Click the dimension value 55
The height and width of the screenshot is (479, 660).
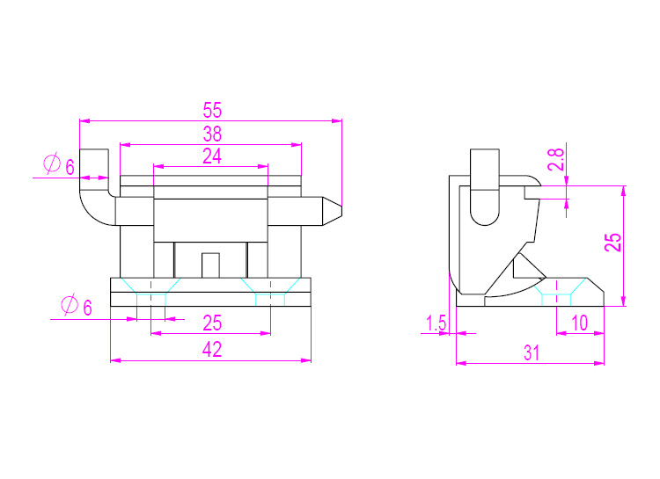pyautogui.click(x=212, y=110)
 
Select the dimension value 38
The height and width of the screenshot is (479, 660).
pyautogui.click(x=212, y=134)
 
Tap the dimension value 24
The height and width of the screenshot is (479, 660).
pyautogui.click(x=212, y=156)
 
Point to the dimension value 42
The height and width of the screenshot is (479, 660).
pyautogui.click(x=212, y=350)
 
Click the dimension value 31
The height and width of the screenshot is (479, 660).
pyautogui.click(x=532, y=352)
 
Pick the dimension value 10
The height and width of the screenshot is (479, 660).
pyautogui.click(x=580, y=323)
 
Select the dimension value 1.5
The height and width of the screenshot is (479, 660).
pyautogui.click(x=436, y=323)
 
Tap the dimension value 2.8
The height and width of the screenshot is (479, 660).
pyautogui.click(x=555, y=159)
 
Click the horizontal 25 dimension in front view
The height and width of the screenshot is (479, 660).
pyautogui.click(x=212, y=323)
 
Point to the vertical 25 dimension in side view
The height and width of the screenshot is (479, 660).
pyautogui.click(x=612, y=243)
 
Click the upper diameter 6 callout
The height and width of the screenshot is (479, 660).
pyautogui.click(x=59, y=165)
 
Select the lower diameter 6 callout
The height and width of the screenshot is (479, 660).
pyautogui.click(x=77, y=306)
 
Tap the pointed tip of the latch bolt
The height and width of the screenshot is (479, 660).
pyautogui.click(x=341, y=211)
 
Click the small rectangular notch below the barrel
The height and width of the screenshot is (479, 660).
pyautogui.click(x=210, y=265)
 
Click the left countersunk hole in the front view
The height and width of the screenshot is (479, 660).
pyautogui.click(x=151, y=292)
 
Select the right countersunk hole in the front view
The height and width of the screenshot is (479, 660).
pyautogui.click(x=271, y=292)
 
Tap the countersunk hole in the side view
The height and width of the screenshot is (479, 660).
pyautogui.click(x=556, y=292)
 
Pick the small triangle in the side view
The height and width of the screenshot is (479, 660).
pyautogui.click(x=526, y=267)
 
